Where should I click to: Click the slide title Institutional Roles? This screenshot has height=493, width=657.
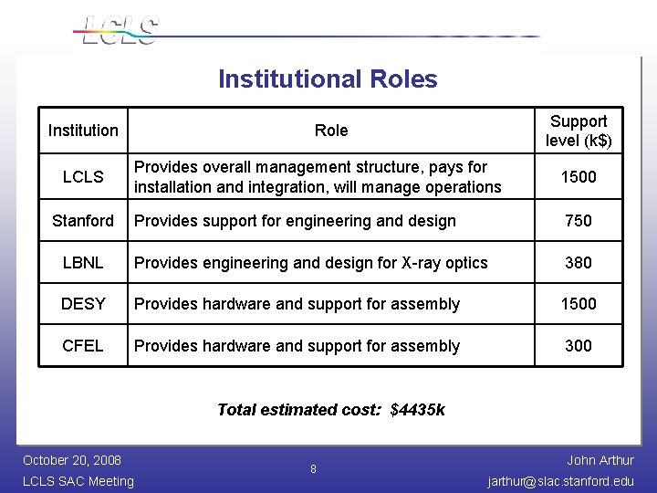(328, 79)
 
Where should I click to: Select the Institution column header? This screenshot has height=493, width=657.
(83, 131)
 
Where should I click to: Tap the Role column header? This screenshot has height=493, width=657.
(331, 131)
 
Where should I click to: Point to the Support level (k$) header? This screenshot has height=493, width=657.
(579, 131)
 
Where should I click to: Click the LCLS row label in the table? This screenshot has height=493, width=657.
(83, 177)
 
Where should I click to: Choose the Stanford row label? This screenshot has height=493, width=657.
(83, 221)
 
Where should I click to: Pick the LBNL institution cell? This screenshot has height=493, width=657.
(83, 263)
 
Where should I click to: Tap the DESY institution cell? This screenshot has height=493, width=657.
(83, 304)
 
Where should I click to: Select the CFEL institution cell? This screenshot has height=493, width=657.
(83, 346)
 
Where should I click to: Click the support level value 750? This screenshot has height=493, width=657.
(579, 221)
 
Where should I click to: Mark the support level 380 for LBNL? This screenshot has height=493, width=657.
(579, 263)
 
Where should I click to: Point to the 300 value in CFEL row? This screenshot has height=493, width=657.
(579, 346)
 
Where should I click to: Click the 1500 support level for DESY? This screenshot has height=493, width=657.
(579, 304)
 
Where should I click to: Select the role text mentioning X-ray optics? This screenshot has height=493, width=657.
(311, 263)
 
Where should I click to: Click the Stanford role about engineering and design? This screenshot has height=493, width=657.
(295, 221)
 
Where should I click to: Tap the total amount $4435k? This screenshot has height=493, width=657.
(418, 410)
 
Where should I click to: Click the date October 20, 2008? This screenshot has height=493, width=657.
(72, 460)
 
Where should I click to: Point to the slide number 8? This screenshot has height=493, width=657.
(313, 469)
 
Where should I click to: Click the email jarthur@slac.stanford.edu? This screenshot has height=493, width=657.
(561, 481)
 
